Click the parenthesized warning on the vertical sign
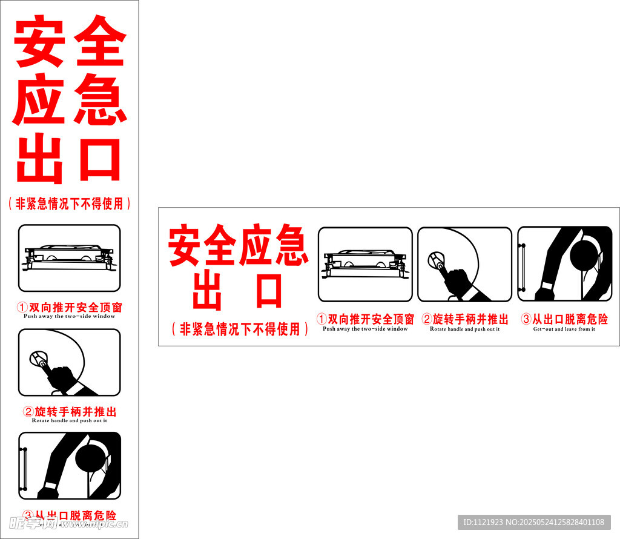pos(69,203)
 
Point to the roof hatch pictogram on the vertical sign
pos(69,258)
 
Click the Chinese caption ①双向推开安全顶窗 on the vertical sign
pos(69,308)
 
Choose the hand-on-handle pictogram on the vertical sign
pos(69,362)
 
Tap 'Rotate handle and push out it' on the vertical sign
pos(69,420)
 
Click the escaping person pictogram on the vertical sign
pos(69,465)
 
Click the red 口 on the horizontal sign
pos(269,292)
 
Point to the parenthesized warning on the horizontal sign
pos(239,329)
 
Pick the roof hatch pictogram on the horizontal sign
pos(365,264)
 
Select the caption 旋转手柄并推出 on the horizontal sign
pos(470,319)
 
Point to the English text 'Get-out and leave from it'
pos(564,329)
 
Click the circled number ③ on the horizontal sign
pos(526,319)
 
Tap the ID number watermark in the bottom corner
pos(533,522)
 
